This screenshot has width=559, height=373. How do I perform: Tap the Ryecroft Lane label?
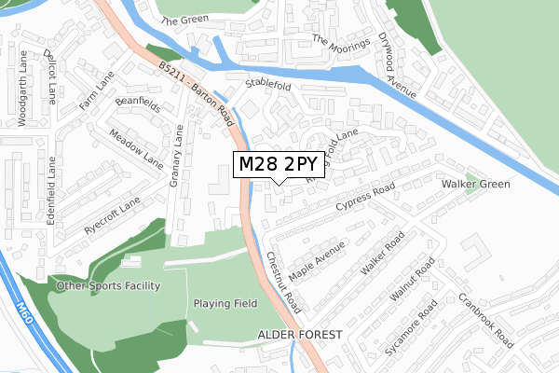(112, 214)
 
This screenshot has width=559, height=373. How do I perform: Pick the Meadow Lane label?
(136, 147)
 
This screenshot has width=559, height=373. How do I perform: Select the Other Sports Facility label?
(107, 285)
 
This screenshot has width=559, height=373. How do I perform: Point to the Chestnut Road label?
(283, 282)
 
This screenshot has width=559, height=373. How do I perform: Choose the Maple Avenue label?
(317, 261)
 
